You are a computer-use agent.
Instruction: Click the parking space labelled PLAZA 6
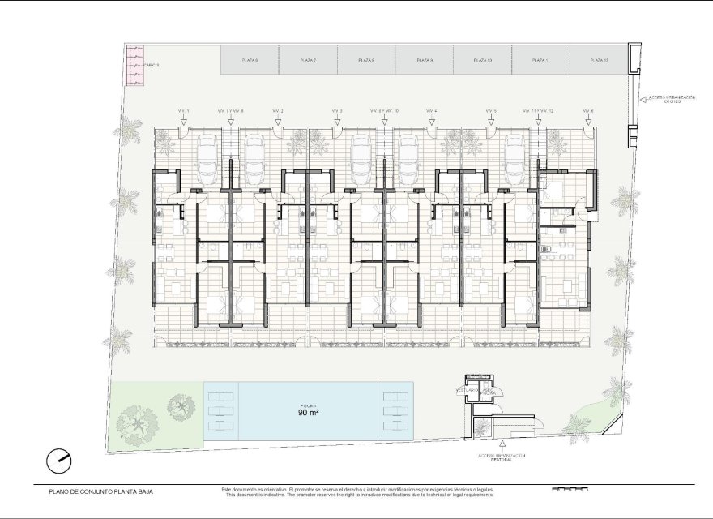click(x=250, y=60)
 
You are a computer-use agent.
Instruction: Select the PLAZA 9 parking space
click(x=425, y=60)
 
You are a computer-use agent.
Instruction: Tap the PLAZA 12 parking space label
click(x=599, y=60)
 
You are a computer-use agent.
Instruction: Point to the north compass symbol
click(x=58, y=461)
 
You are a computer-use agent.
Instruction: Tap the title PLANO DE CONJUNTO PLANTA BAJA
click(x=100, y=491)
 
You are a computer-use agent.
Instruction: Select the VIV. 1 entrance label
click(x=183, y=110)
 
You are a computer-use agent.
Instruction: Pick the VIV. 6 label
click(x=588, y=110)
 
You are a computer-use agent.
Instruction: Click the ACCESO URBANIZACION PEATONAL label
click(x=502, y=457)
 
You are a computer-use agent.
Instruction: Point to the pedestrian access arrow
click(x=502, y=444)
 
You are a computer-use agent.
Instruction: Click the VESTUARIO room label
click(x=466, y=390)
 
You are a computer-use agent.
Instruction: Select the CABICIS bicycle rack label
click(x=152, y=64)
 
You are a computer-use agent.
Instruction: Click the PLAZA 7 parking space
click(x=308, y=60)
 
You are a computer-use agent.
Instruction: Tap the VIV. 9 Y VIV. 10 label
click(x=384, y=110)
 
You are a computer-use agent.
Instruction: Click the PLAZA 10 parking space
click(x=482, y=60)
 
